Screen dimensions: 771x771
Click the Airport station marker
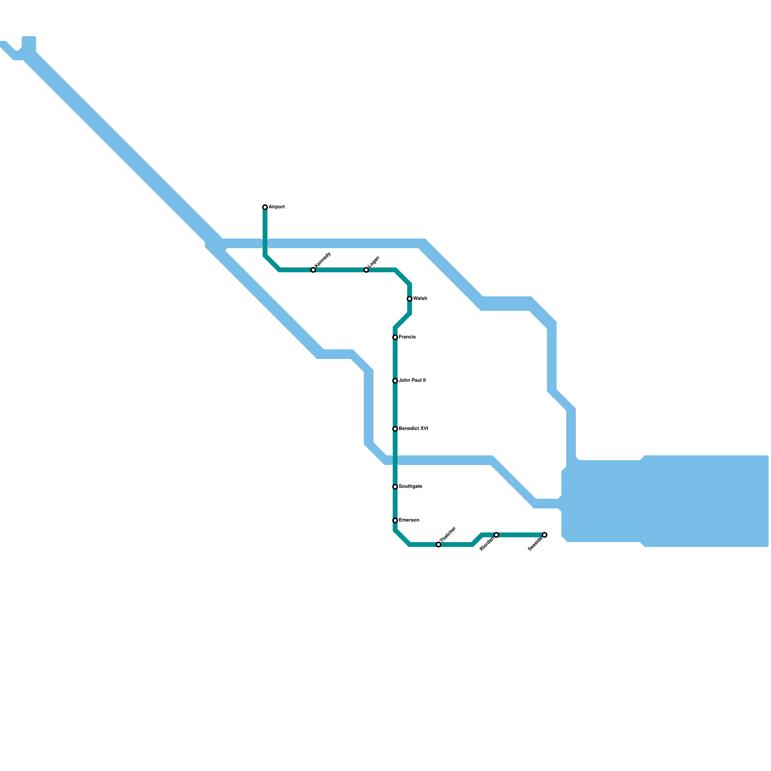[265, 207]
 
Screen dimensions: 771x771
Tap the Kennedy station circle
[313, 270]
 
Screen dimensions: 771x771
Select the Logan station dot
[366, 270]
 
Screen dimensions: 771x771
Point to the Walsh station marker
[410, 299]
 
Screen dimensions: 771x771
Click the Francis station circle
[395, 337]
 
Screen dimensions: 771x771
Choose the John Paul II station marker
[395, 381]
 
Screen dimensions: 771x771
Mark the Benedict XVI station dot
[395, 429]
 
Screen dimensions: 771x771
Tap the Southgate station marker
[395, 487]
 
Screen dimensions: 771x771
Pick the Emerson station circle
[395, 520]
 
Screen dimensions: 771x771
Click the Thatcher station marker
[439, 545]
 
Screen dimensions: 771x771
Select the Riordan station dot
[496, 535]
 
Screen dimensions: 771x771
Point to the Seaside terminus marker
[545, 535]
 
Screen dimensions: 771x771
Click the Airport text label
[277, 207]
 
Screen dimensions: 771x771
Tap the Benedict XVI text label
[413, 429]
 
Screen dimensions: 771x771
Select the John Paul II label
[412, 381]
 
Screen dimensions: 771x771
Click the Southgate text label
[411, 487]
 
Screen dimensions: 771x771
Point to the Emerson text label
[409, 520]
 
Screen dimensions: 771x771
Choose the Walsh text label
[420, 299]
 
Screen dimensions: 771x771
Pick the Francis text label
[407, 337]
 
